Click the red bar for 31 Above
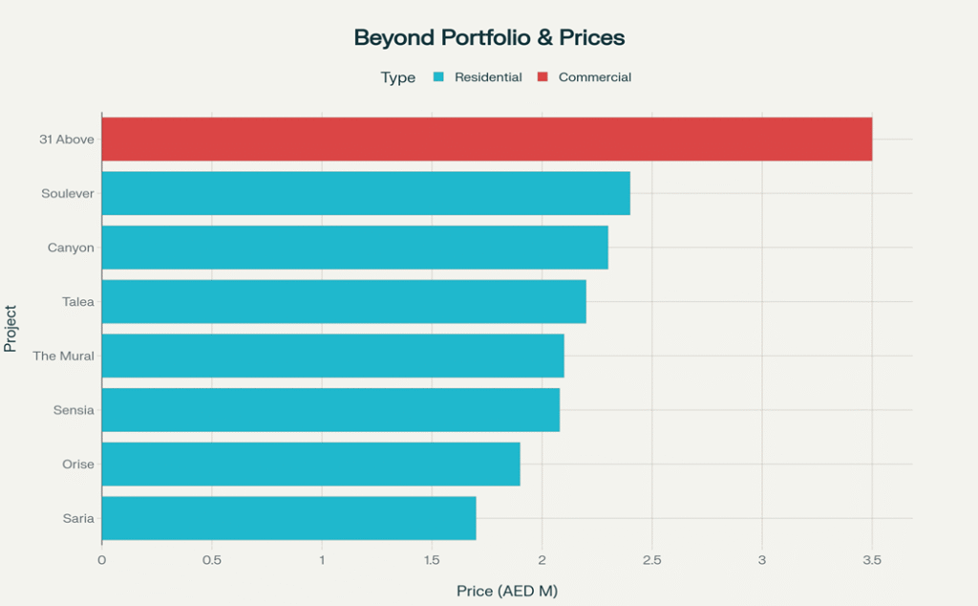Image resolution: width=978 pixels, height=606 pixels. click(486, 140)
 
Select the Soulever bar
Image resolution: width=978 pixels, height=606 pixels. click(366, 193)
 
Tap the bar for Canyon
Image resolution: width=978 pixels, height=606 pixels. click(354, 248)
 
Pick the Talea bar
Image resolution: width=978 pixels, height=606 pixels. click(344, 301)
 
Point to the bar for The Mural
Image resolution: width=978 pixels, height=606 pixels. click(332, 356)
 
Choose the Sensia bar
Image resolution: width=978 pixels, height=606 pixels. click(330, 409)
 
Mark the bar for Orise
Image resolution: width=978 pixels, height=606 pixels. click(310, 464)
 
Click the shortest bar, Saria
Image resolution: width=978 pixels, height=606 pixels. click(288, 517)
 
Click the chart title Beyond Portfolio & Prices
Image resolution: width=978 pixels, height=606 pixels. click(489, 38)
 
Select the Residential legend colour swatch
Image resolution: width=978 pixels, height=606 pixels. click(438, 77)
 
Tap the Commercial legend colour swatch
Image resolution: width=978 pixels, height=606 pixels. click(542, 77)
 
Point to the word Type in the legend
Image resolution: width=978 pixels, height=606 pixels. click(398, 77)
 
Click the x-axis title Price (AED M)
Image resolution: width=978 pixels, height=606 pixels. click(506, 591)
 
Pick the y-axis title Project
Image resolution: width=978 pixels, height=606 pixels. click(11, 329)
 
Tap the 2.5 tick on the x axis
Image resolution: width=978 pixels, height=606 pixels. click(651, 559)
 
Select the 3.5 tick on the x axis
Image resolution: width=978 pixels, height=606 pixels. click(871, 559)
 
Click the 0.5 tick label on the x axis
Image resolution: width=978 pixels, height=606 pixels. click(211, 559)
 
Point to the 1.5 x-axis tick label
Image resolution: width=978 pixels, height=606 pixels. click(432, 559)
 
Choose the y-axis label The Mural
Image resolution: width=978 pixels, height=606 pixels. click(63, 356)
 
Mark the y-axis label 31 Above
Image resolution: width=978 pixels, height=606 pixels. click(66, 140)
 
